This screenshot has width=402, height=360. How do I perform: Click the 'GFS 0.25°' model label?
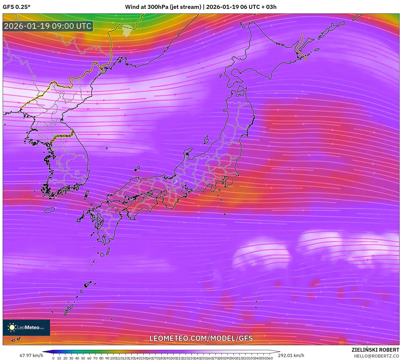16,7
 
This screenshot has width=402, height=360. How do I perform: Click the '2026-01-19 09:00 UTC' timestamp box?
48,26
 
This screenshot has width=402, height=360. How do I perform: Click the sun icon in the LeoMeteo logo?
12,327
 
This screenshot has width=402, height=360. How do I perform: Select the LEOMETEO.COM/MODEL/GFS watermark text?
201,338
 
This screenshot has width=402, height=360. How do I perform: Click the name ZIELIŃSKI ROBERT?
375,350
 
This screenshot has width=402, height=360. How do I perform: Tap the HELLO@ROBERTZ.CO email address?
376,356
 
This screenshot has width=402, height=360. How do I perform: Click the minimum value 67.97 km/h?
31,355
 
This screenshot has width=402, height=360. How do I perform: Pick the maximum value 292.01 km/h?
291,355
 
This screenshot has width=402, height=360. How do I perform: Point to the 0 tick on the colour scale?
53,358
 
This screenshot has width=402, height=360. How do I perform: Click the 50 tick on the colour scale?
83,358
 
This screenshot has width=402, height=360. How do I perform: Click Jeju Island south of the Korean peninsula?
50,210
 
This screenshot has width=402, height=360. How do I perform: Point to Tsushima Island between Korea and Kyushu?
86,195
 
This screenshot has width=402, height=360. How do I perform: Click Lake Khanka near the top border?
127,30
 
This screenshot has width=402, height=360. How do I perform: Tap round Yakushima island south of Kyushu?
102,254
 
